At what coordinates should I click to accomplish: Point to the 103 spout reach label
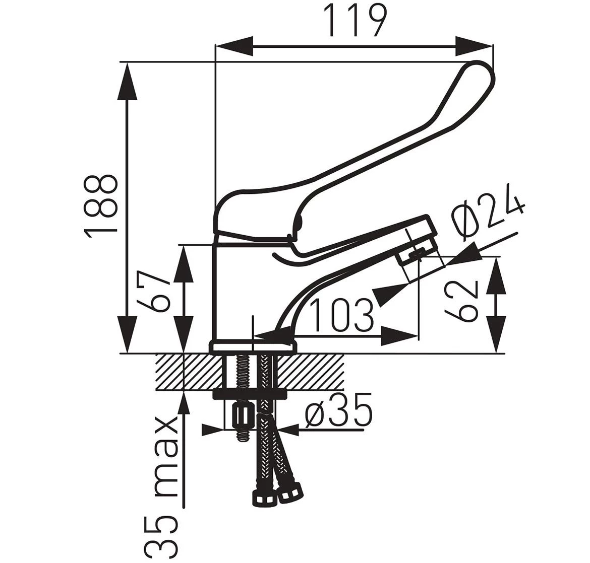pos(342,315)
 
